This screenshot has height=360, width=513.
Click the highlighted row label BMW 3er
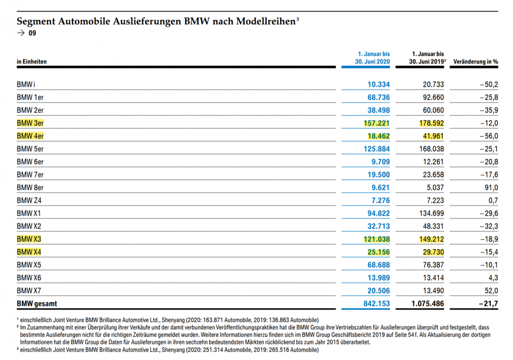click(x=29, y=123)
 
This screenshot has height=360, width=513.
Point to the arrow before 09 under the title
click(x=21, y=34)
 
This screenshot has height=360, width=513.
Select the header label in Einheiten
click(x=32, y=62)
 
